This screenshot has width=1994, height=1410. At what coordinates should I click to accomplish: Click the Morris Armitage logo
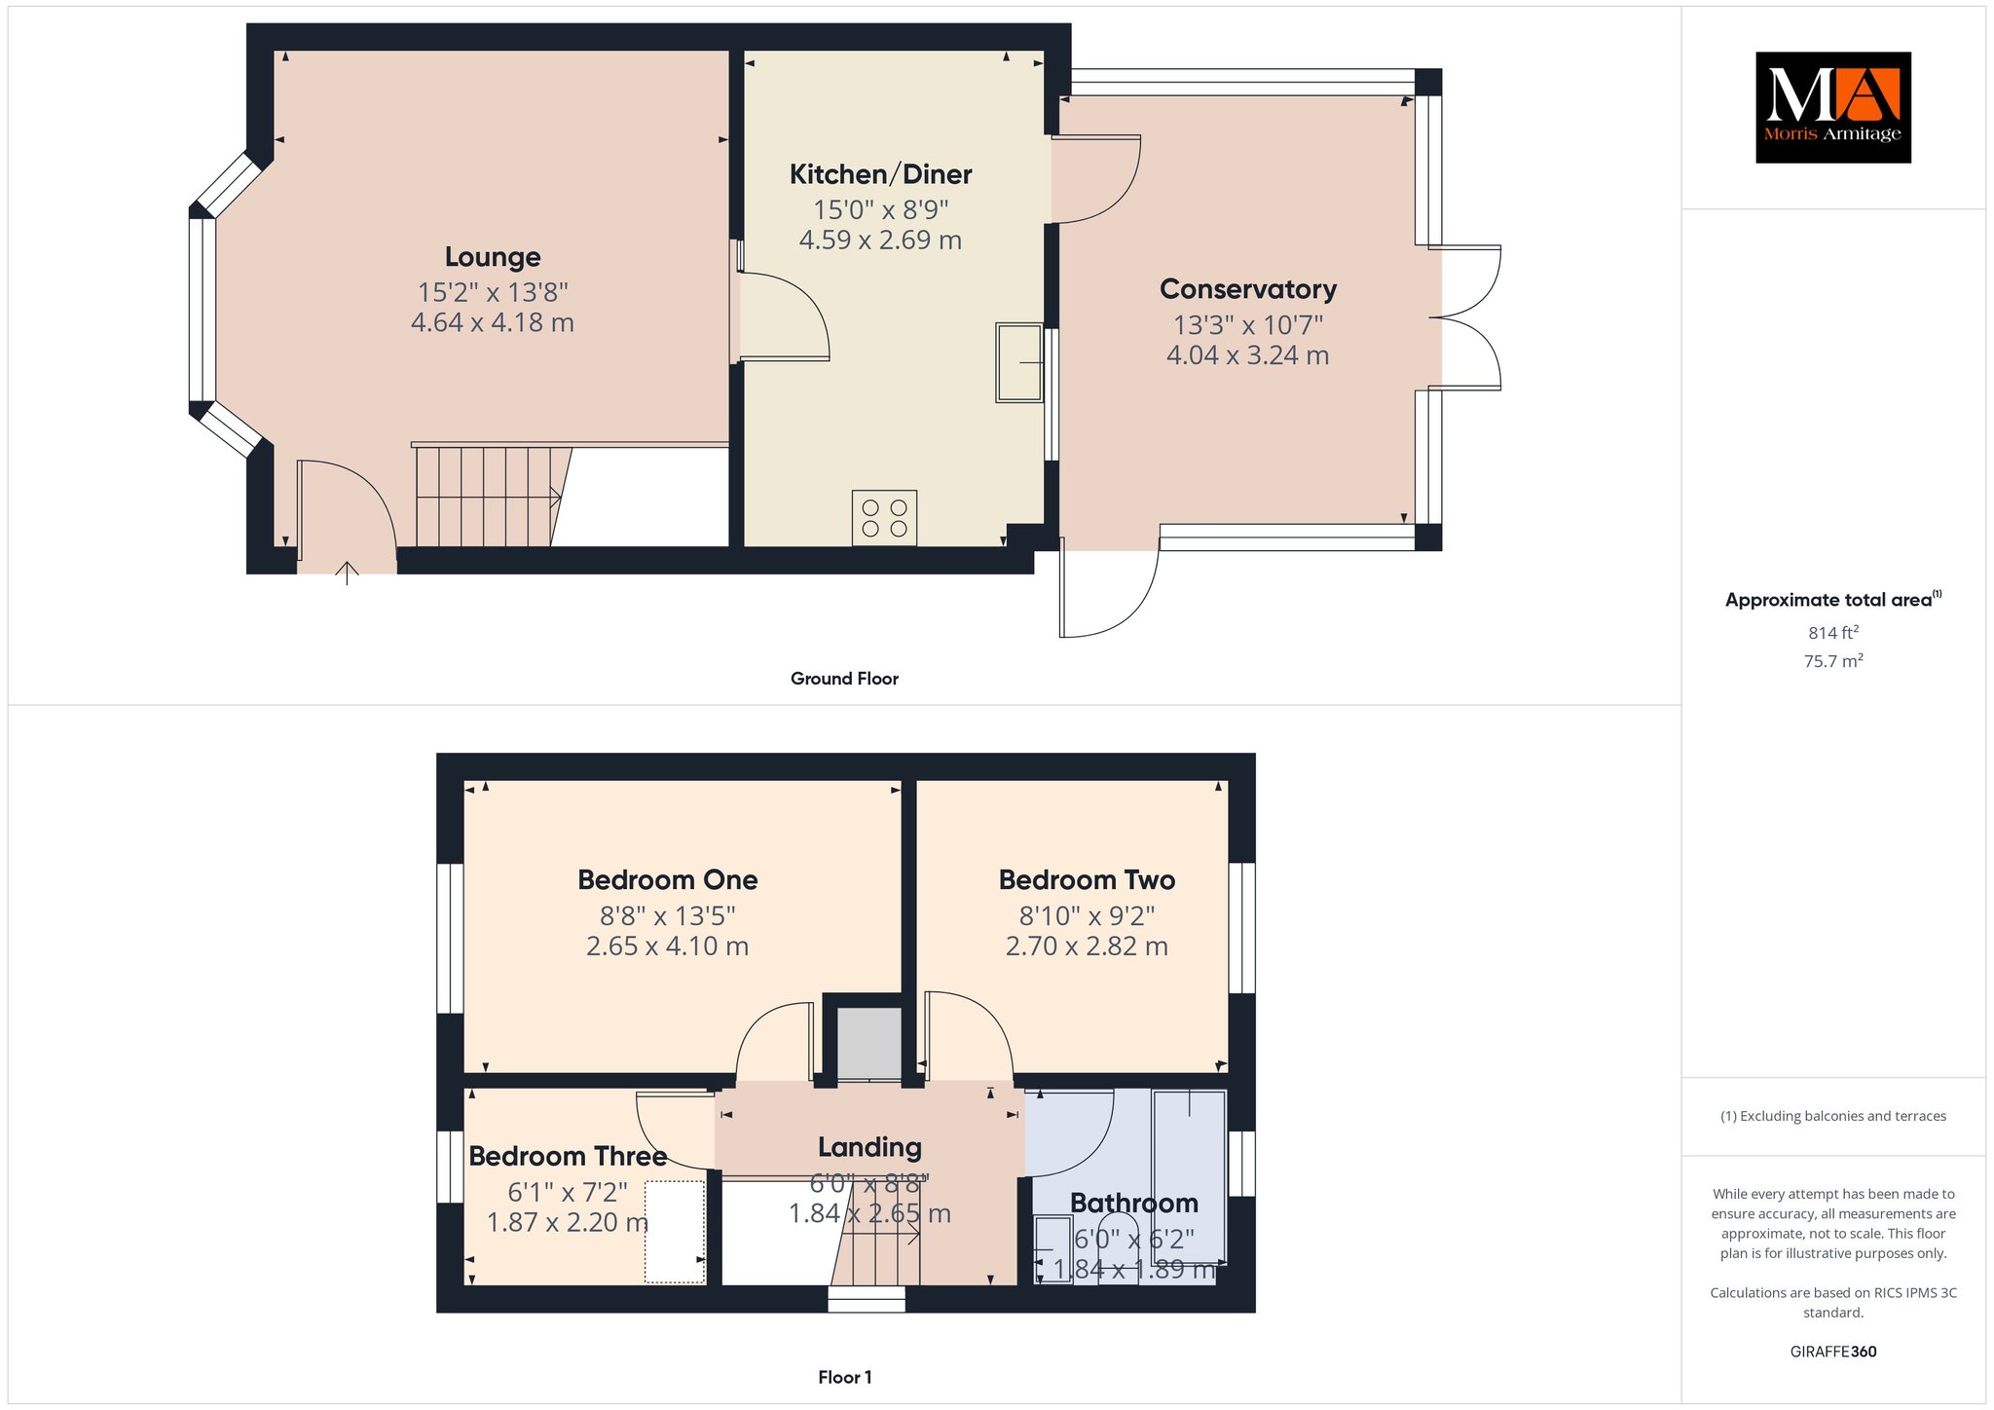coord(1832,107)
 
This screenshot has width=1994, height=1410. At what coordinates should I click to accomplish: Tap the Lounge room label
coord(493,257)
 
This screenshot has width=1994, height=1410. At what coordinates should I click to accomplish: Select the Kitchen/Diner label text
coord(880,174)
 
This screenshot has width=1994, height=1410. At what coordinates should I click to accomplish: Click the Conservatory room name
coord(1248,289)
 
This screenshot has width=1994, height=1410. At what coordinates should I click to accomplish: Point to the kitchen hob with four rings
coord(884,517)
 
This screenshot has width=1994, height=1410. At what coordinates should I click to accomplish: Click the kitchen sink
coord(1018,362)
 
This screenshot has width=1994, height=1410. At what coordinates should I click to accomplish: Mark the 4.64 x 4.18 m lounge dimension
coord(493,322)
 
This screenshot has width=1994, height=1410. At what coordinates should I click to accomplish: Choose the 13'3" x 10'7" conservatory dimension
coord(1248,324)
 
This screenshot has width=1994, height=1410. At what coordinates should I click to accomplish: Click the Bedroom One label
coord(668,880)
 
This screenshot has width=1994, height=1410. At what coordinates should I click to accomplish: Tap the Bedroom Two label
coord(1087,880)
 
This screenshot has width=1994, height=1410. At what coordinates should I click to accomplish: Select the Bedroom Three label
coord(568,1156)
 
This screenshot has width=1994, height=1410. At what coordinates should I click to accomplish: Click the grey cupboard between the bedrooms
coord(869,1044)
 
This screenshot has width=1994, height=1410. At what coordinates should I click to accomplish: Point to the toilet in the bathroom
coord(1118,1248)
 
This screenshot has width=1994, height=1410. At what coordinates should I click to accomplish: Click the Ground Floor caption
coord(844,679)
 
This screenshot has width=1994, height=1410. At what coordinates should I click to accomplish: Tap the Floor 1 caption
coord(845,1377)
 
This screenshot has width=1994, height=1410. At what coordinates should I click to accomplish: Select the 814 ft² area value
coord(1833,633)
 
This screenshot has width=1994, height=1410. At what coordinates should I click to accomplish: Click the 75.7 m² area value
coord(1833,661)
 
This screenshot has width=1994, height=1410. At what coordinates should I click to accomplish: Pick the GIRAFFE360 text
coord(1833,1352)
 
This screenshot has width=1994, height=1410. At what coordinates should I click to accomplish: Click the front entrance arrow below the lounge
coord(347,573)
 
